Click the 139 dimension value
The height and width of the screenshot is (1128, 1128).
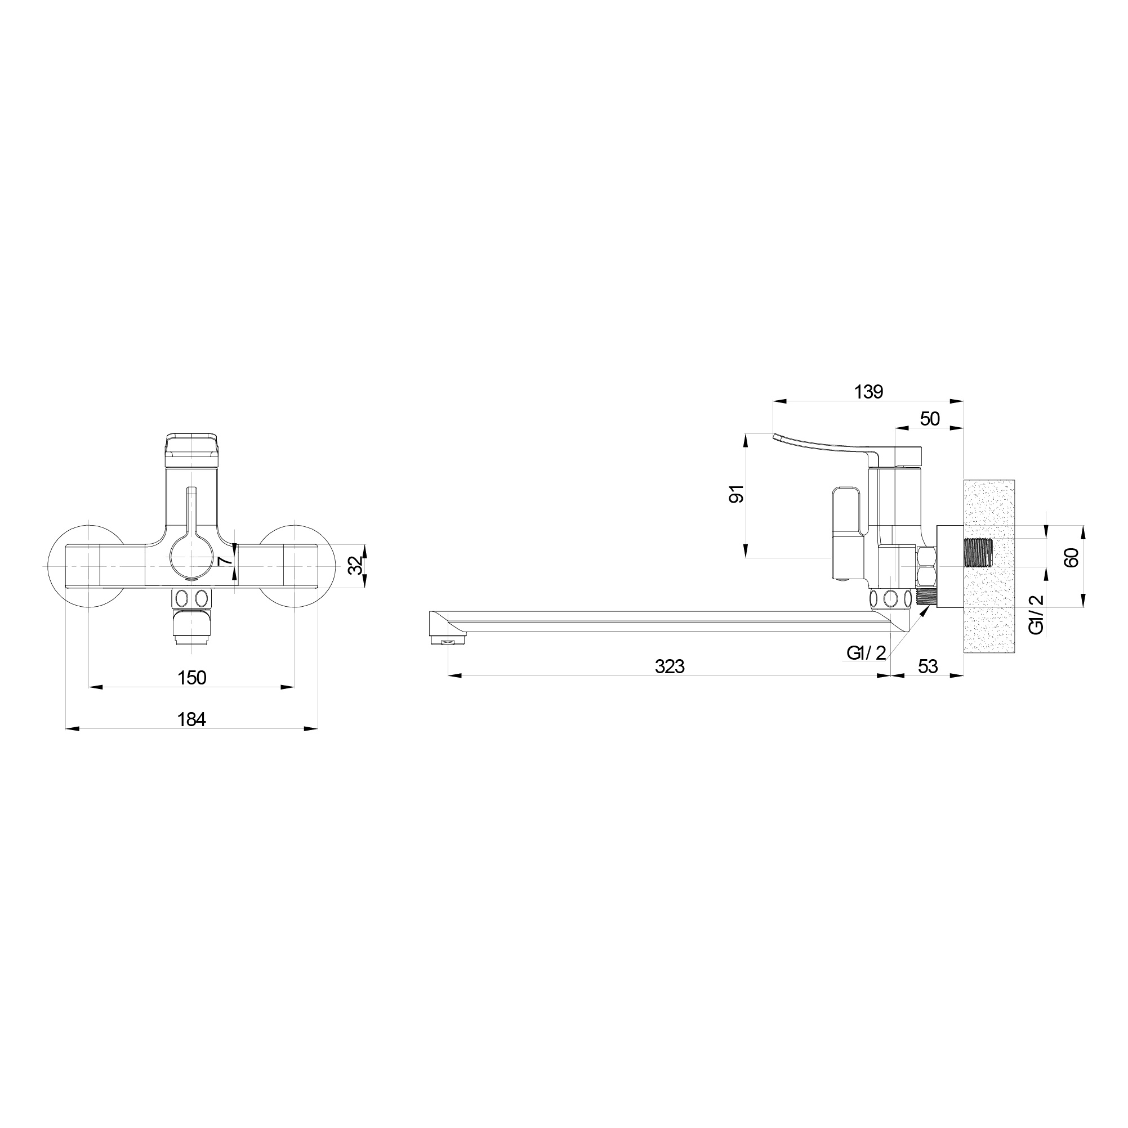pyautogui.click(x=868, y=392)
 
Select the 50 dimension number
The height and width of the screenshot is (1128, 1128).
pyautogui.click(x=930, y=419)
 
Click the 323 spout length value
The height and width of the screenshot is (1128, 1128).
pyautogui.click(x=670, y=666)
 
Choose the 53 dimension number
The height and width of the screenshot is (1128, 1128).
pyautogui.click(x=928, y=666)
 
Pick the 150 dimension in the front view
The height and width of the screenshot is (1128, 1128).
pyautogui.click(x=191, y=677)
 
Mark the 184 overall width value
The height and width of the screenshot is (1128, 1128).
pyautogui.click(x=191, y=719)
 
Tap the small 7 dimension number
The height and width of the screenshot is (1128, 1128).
pyautogui.click(x=224, y=561)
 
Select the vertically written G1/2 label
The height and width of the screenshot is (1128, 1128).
pyautogui.click(x=1036, y=615)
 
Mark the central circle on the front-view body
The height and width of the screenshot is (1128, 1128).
pyautogui.click(x=192, y=555)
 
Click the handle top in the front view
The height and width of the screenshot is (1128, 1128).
pyautogui.click(x=192, y=449)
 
